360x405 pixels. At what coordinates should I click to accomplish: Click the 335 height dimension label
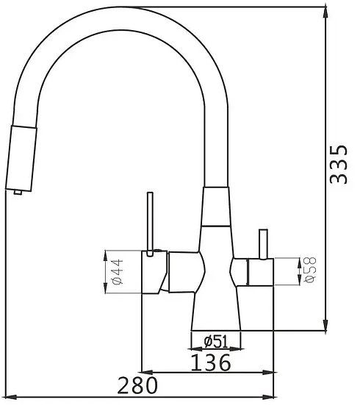[339, 165]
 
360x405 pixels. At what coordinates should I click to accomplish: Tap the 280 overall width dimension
[137, 385]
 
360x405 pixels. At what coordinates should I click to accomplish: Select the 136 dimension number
[210, 362]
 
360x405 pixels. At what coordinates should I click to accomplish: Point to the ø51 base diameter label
[216, 341]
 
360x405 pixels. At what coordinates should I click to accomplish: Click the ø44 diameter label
[118, 272]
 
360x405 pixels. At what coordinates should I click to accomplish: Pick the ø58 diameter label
[311, 270]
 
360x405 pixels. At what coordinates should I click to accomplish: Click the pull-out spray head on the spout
[21, 159]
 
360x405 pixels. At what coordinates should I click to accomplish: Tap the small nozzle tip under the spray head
[18, 192]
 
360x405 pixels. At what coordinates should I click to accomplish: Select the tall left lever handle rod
[150, 224]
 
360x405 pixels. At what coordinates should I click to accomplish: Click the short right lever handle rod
[264, 244]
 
